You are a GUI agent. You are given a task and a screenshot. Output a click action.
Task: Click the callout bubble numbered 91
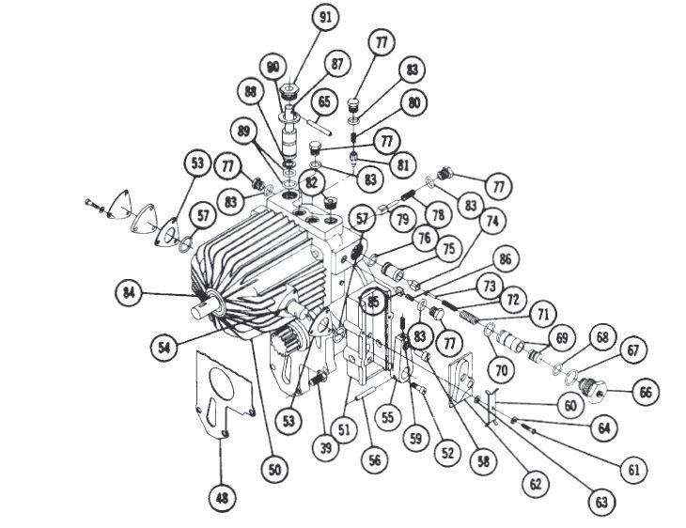tap(325, 17)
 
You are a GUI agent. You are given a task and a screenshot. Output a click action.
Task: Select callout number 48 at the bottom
tap(223, 497)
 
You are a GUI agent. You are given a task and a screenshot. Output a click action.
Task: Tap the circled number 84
tap(129, 292)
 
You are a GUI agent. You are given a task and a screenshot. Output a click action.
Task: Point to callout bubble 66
tap(646, 392)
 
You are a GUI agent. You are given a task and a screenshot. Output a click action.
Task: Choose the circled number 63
tap(601, 502)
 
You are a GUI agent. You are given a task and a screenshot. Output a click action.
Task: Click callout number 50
tap(274, 470)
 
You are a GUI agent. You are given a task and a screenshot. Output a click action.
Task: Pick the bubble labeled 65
tap(324, 102)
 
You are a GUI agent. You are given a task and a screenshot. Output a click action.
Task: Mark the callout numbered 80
tap(413, 102)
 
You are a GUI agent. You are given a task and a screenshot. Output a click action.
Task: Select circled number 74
tap(492, 221)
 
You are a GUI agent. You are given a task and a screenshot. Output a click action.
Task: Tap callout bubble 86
tap(506, 259)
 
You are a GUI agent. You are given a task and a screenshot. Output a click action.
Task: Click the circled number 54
tap(164, 348)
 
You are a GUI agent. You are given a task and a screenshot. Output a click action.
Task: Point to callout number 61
tap(633, 470)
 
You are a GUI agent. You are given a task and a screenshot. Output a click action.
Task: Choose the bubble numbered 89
tap(243, 132)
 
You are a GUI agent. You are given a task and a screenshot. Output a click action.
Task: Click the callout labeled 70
tap(502, 370)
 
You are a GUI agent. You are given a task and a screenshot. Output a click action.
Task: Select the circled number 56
tap(375, 459)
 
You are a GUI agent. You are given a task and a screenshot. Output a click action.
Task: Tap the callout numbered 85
tap(373, 302)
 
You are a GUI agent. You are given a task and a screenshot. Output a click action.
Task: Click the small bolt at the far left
tap(94, 205)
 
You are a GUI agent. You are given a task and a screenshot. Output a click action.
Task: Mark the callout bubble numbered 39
tap(326, 447)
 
